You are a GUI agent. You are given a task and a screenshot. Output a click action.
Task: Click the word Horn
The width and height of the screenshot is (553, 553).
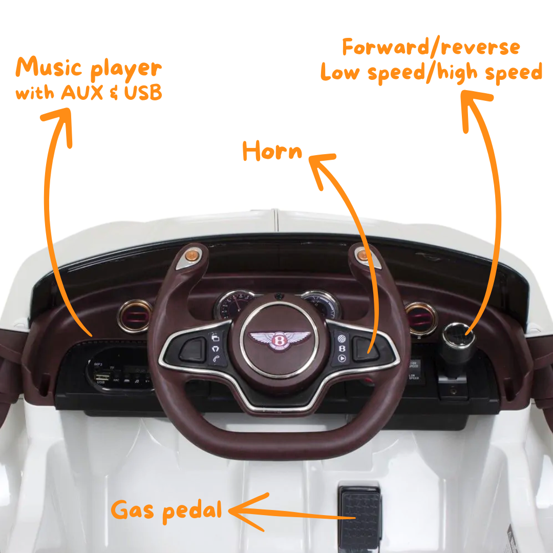[272, 152]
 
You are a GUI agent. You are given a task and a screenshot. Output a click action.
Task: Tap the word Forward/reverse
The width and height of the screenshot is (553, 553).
[431, 48]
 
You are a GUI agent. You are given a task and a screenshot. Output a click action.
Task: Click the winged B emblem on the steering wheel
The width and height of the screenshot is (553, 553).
[280, 339]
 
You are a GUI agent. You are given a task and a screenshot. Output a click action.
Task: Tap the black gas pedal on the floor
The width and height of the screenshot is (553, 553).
[359, 517]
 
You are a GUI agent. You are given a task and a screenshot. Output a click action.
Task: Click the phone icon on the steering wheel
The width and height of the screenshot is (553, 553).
[216, 359]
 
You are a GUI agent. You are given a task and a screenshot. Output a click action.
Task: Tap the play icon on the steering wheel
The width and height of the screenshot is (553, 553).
[342, 358]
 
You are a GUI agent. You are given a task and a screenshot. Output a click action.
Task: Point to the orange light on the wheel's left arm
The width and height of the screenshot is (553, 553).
[193, 254]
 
